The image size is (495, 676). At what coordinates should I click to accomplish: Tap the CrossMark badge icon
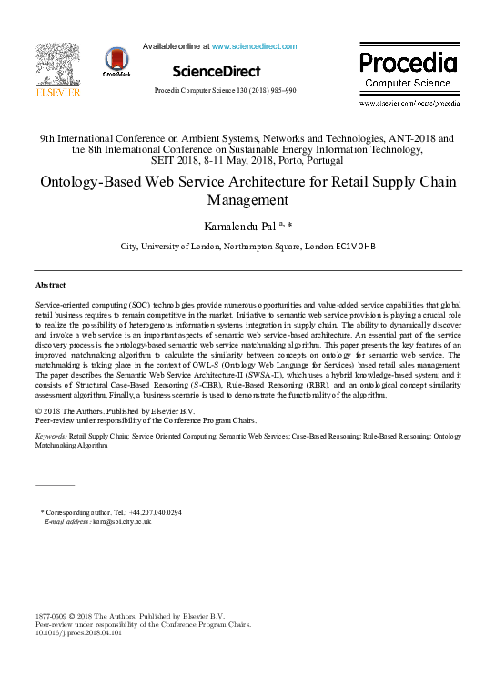[116, 62]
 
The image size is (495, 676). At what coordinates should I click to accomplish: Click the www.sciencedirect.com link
[254, 46]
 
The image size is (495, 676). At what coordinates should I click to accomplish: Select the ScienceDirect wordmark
[216, 71]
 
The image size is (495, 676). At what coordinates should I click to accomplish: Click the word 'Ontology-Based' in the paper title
[96, 181]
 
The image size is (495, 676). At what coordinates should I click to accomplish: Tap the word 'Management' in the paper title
[247, 199]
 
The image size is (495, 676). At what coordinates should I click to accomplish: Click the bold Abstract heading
[50, 285]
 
